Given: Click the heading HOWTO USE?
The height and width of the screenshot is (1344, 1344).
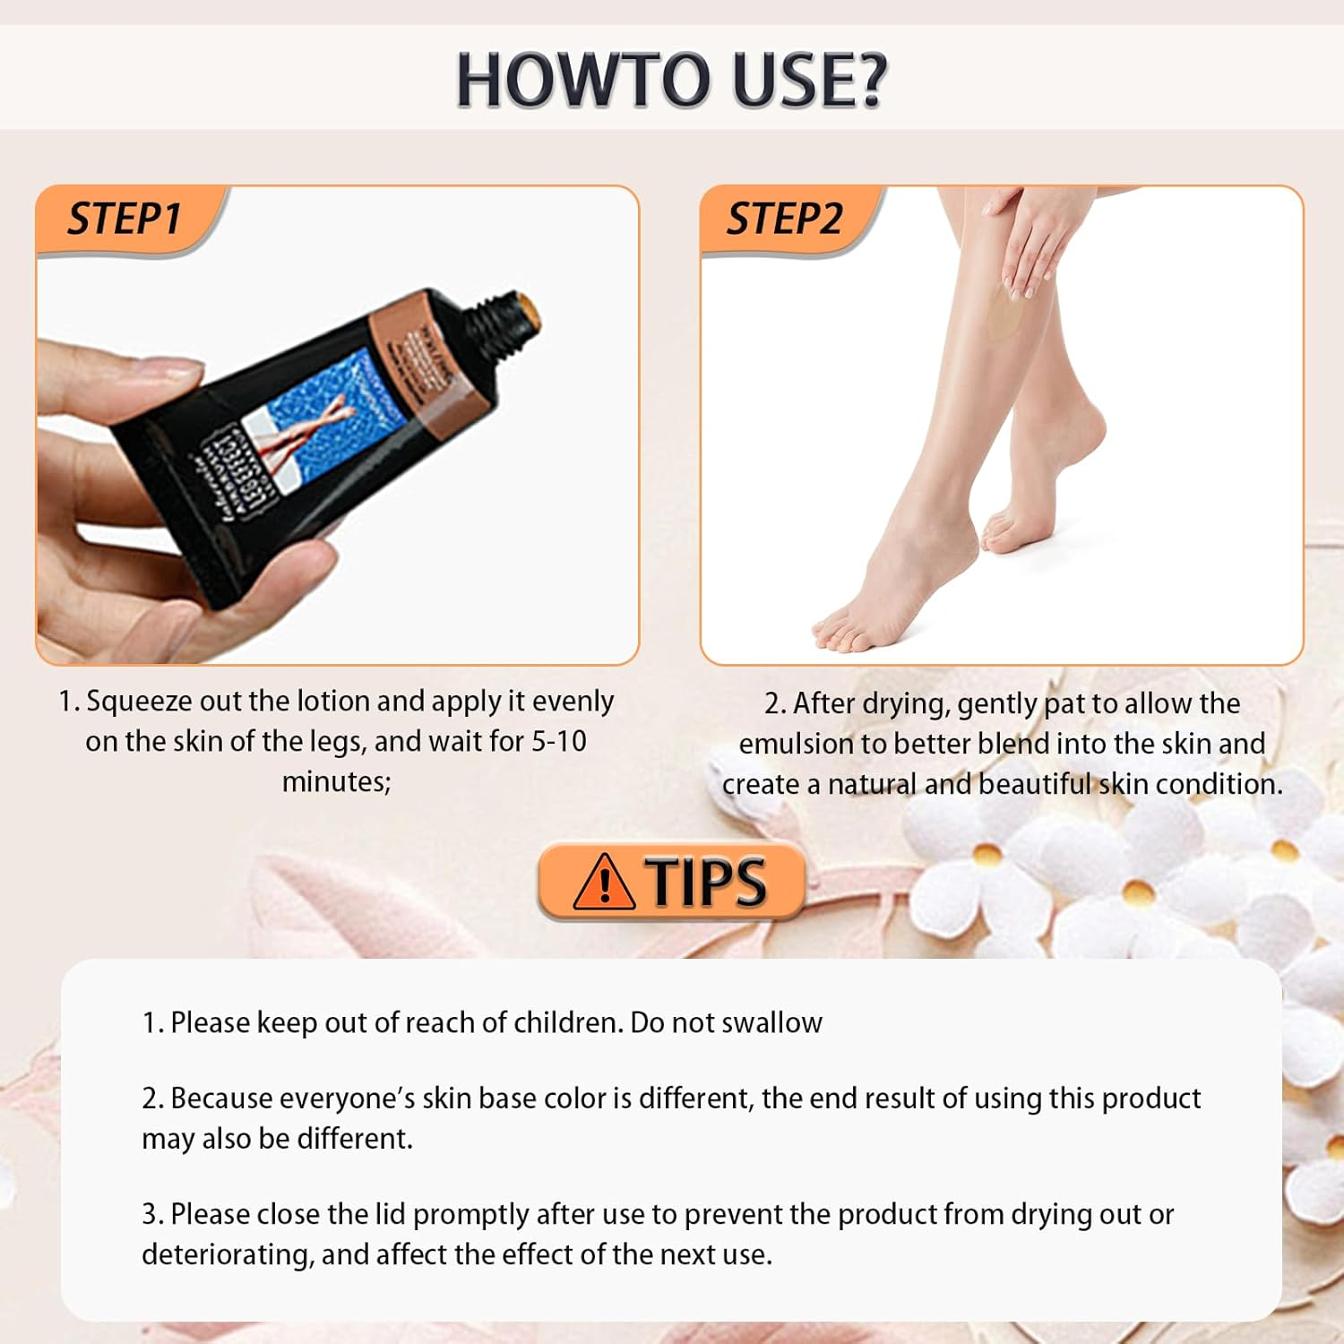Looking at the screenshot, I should pyautogui.click(x=671, y=80).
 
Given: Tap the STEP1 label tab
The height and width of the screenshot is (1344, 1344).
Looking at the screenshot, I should pyautogui.click(x=125, y=220).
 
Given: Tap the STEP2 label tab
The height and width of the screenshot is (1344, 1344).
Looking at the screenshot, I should pyautogui.click(x=784, y=220).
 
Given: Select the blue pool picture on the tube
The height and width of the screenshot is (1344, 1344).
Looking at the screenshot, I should pyautogui.click(x=323, y=403).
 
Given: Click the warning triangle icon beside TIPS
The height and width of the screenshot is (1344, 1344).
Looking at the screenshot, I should pyautogui.click(x=604, y=882).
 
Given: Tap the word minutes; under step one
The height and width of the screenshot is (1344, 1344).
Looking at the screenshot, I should pyautogui.click(x=336, y=782).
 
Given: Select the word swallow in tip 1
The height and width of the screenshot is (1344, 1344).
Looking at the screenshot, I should pyautogui.click(x=771, y=1022).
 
